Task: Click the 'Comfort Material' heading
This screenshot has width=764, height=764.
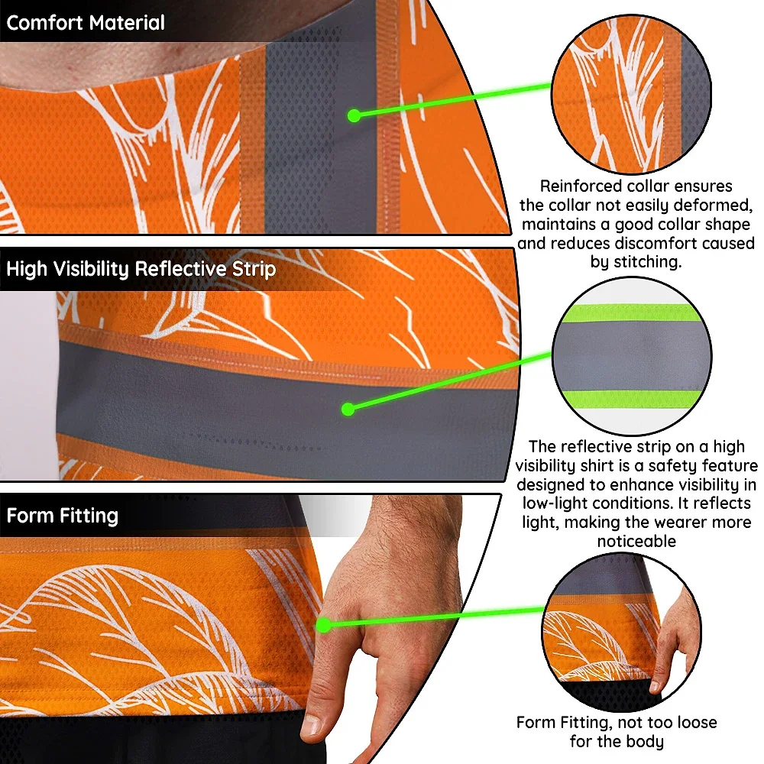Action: pyautogui.click(x=86, y=23)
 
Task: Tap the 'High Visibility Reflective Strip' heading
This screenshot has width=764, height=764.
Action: pyautogui.click(x=141, y=269)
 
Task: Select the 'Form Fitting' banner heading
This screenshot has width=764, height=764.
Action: pyautogui.click(x=63, y=516)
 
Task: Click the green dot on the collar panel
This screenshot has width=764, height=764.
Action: pyautogui.click(x=354, y=115)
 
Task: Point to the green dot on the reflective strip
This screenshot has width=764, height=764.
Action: pyautogui.click(x=348, y=410)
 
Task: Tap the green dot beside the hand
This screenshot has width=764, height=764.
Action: pyautogui.click(x=323, y=625)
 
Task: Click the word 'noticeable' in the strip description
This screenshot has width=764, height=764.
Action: pyautogui.click(x=636, y=542)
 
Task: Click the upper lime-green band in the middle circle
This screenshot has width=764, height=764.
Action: pyautogui.click(x=632, y=312)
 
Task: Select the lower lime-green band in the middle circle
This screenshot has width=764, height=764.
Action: pyautogui.click(x=632, y=399)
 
